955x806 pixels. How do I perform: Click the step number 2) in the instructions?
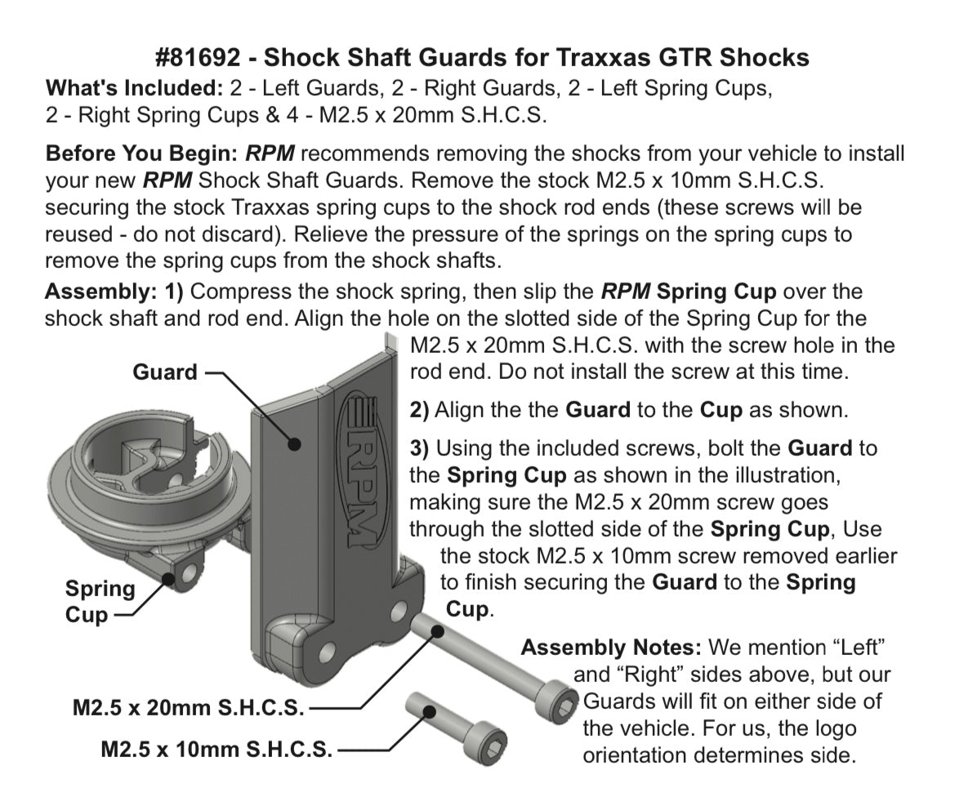coord(419,409)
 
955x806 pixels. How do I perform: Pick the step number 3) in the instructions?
coord(419,448)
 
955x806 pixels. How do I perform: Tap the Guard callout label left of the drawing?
coord(165,372)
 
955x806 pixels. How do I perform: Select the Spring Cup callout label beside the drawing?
coord(100,601)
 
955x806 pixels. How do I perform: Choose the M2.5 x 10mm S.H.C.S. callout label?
coord(216,748)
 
